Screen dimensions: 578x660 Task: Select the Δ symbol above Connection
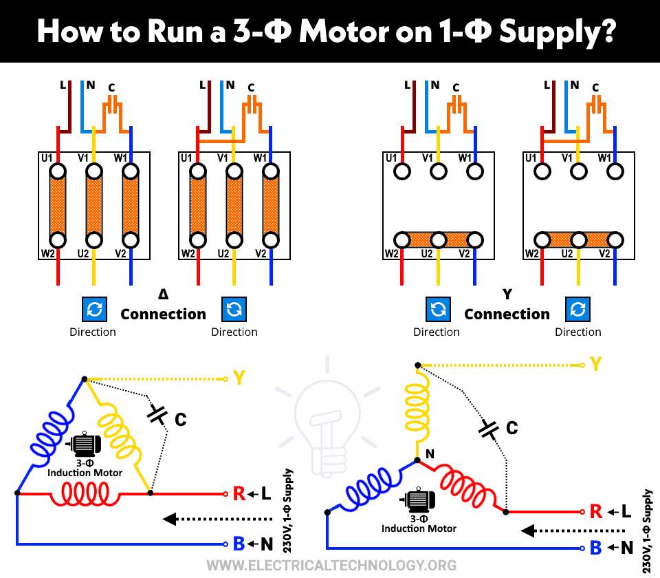tap(163, 295)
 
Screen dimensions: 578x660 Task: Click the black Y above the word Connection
tap(507, 295)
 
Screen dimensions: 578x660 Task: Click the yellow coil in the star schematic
tap(417, 410)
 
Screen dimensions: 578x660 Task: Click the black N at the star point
tap(430, 453)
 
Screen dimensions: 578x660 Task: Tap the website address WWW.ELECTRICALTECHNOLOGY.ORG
tap(331, 565)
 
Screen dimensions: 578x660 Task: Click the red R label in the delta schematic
tap(239, 493)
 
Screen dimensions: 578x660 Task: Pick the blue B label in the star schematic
tap(596, 548)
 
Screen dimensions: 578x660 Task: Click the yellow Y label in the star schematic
tap(596, 363)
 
